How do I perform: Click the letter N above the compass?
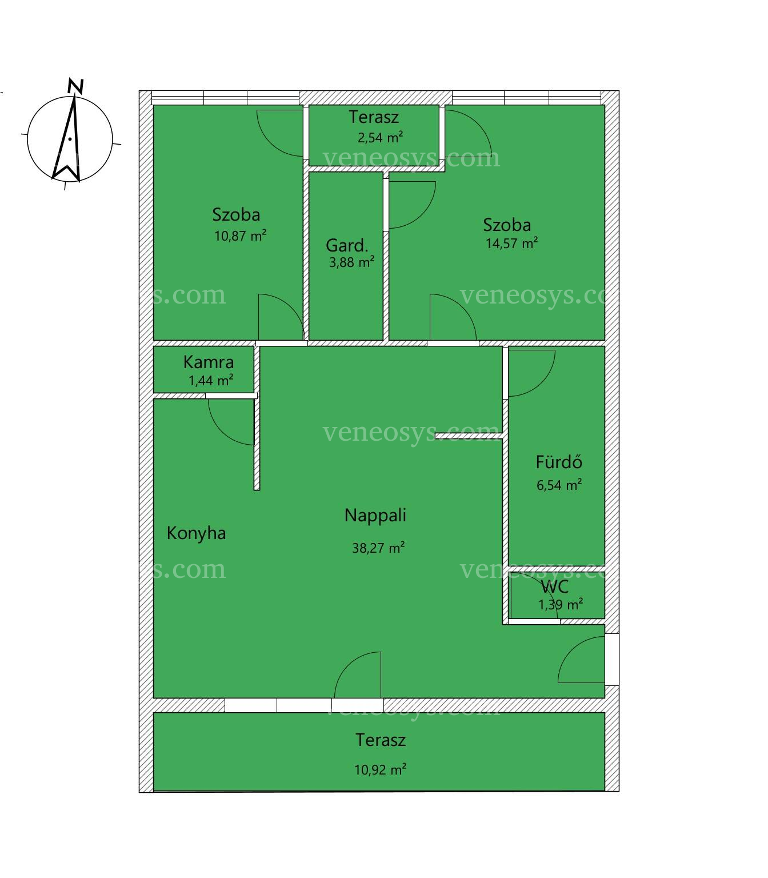click(x=75, y=87)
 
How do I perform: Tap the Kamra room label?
click(x=209, y=362)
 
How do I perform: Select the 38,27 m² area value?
click(x=378, y=548)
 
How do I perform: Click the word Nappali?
click(x=375, y=516)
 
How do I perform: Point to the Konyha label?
click(x=196, y=533)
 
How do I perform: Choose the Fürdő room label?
click(x=559, y=462)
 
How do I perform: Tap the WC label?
click(x=555, y=586)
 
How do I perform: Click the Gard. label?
click(x=347, y=245)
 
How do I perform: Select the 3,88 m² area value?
click(x=351, y=262)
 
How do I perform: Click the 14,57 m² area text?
click(x=511, y=244)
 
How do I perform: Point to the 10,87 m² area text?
click(x=240, y=236)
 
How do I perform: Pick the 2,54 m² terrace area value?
click(x=380, y=138)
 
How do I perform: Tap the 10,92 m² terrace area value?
click(x=380, y=770)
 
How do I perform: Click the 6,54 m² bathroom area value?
click(x=559, y=485)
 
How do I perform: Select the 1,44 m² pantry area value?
click(x=211, y=380)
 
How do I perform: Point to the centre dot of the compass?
click(x=70, y=138)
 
